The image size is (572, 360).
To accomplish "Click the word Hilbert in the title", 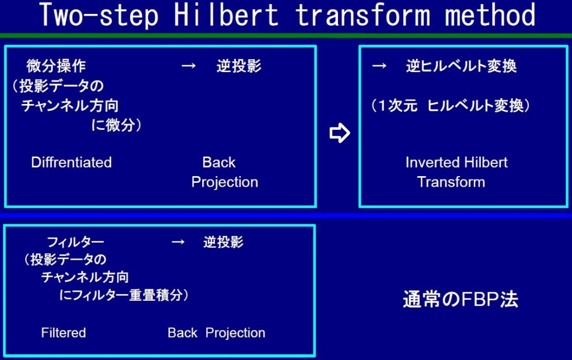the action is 226,15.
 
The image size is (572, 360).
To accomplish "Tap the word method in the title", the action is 490,15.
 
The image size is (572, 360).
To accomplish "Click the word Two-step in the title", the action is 99,15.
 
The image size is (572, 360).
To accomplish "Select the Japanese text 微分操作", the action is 56,66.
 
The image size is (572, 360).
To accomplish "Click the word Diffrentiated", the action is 71,162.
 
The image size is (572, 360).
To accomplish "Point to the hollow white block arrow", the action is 340,132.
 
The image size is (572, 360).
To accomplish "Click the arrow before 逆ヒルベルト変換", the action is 379,66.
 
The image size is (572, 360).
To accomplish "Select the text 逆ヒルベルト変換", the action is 461,66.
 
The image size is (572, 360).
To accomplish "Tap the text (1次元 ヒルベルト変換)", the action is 451,106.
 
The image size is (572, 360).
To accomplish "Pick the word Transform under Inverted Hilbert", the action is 451,182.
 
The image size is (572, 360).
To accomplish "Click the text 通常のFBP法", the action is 460,300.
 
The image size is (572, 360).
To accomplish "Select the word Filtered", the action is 64,333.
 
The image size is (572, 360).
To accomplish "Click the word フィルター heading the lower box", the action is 75,241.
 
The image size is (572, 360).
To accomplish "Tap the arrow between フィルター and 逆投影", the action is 178,241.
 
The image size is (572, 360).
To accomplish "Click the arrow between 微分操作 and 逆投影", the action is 189,66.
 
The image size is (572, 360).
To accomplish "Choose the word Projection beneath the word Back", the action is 225,182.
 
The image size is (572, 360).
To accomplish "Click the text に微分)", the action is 116,125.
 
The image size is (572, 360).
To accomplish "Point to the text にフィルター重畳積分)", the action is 123,295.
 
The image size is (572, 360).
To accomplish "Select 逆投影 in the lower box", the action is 223,241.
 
